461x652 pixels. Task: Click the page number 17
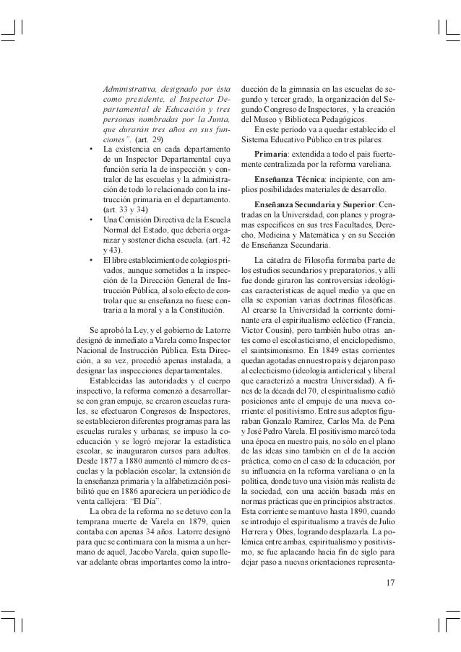click(392, 583)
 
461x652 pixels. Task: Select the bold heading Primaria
click(275, 154)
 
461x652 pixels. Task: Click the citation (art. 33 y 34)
click(126, 209)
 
